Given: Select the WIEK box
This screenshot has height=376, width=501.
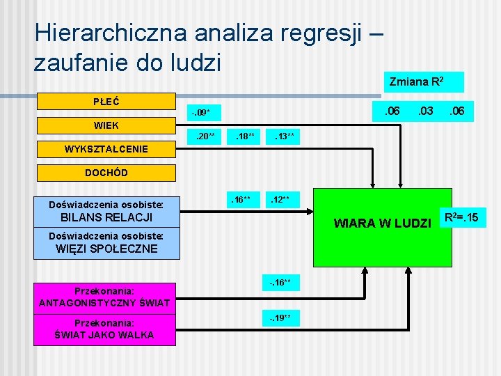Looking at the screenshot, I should click(x=106, y=125).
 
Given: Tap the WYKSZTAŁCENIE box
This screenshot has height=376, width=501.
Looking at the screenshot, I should click(x=106, y=149).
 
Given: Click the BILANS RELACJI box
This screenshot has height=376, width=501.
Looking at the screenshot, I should click(x=106, y=211).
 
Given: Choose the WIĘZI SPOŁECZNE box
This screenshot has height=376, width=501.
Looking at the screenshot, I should click(x=106, y=243).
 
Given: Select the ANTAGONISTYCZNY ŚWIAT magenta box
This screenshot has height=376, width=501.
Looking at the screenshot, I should click(x=106, y=297).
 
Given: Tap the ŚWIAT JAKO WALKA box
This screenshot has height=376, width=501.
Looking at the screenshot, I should click(x=106, y=329).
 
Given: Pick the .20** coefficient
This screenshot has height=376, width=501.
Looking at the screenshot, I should click(x=206, y=136).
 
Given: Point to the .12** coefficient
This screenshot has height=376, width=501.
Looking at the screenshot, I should click(x=283, y=201).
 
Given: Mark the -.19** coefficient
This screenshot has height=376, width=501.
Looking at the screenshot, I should click(x=283, y=318).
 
